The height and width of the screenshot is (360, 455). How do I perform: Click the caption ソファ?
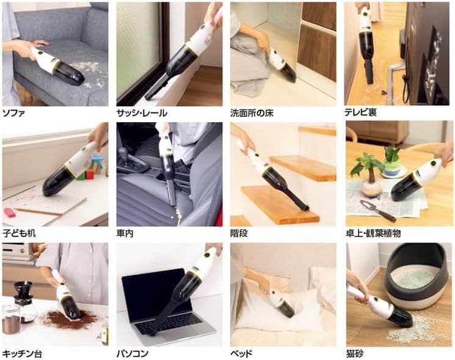coord(15,113)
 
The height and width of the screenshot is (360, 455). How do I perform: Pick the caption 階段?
coord(241,233)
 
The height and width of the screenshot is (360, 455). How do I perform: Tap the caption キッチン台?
coord(23,353)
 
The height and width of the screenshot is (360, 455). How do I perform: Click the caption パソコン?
coord(133,353)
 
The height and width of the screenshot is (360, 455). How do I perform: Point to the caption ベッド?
coord(242,353)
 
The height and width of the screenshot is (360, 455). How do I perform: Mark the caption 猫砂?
coord(355,353)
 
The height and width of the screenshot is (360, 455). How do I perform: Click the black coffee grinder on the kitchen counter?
coord(23,293)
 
